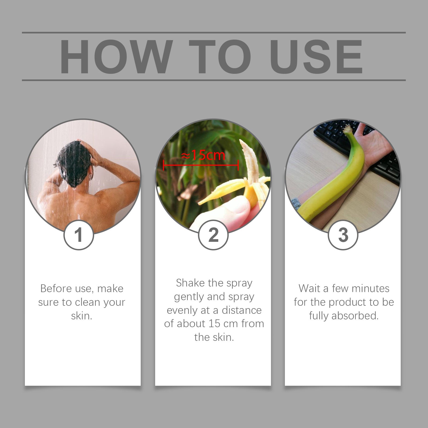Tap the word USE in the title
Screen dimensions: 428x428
[316, 56]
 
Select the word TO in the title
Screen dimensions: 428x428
[220, 56]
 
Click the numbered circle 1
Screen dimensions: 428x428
[79, 235]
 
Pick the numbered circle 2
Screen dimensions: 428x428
[213, 235]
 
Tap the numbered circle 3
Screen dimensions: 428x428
[343, 235]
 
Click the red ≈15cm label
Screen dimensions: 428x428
[203, 155]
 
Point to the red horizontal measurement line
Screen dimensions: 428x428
[201, 165]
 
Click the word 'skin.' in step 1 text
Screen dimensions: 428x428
[82, 316]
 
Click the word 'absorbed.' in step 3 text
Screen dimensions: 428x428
[355, 316]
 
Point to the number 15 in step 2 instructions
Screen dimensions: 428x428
[215, 324]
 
